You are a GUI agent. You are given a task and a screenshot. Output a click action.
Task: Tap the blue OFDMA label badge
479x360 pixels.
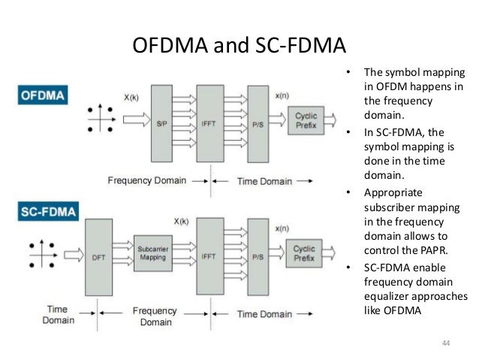(x=44, y=95)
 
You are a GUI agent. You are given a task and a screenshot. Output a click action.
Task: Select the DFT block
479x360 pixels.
(x=98, y=256)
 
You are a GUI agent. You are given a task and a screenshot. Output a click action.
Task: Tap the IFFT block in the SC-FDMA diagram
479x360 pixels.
(x=210, y=256)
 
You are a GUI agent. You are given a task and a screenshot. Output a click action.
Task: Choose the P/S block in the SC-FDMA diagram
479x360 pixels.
(x=257, y=256)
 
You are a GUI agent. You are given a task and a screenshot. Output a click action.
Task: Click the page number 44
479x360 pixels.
(x=446, y=343)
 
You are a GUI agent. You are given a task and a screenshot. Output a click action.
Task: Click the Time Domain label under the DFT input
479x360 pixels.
(x=58, y=314)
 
